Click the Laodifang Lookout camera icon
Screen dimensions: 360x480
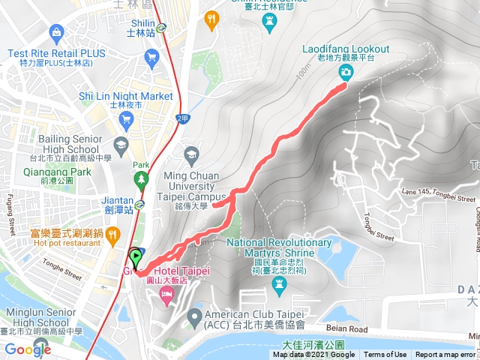(x=346, y=72)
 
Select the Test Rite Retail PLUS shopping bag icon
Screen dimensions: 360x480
(x=55, y=31)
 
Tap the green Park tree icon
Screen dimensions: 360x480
(x=141, y=180)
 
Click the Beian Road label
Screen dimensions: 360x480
(x=347, y=328)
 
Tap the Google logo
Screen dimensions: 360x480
(x=28, y=349)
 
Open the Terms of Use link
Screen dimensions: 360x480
(x=385, y=355)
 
